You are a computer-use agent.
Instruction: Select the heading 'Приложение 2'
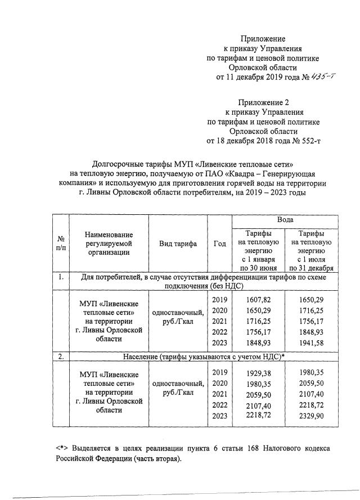(x=263, y=102)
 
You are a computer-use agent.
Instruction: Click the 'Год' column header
(x=220, y=244)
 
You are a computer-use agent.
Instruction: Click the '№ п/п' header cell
(x=58, y=244)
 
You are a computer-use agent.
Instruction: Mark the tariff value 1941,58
(x=310, y=343)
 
